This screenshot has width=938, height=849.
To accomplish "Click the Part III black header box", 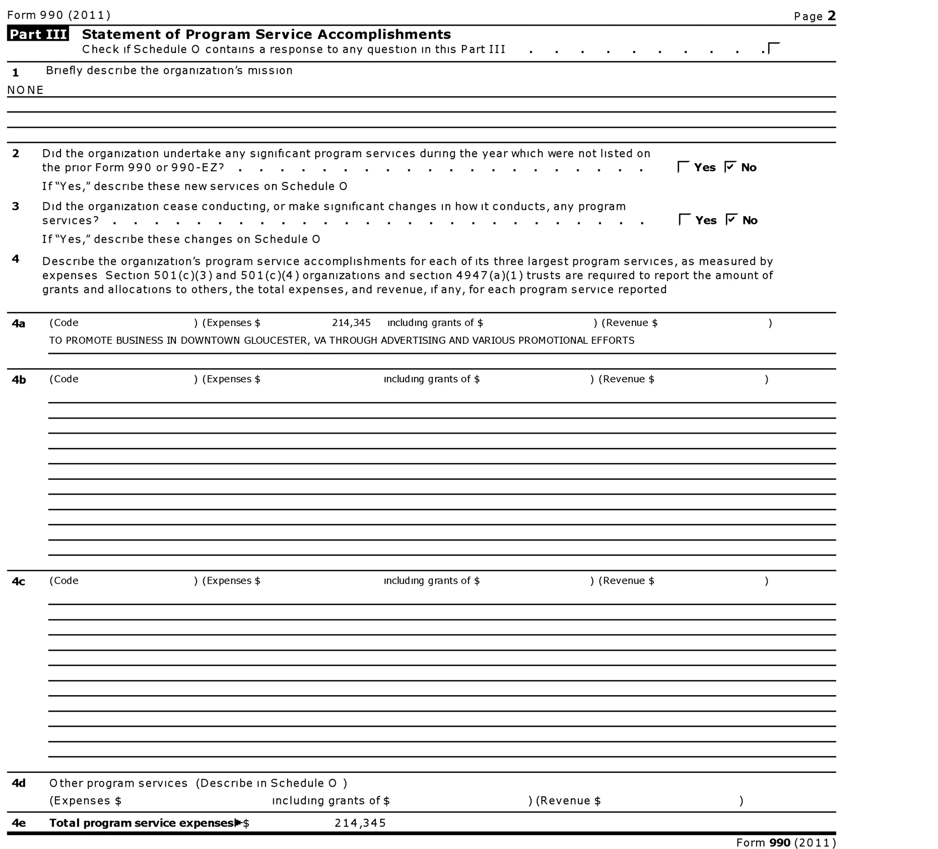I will (38, 34).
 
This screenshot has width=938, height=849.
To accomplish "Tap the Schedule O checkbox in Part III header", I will (773, 49).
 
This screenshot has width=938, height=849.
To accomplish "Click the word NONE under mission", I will (26, 90).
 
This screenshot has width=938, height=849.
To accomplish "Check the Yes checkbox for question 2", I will (683, 167).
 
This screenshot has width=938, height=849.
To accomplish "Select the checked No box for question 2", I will (731, 167).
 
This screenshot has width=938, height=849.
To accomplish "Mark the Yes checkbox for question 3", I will (684, 220).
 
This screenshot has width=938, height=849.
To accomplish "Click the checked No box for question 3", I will (731, 220).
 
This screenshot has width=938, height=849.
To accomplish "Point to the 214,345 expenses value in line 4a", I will (351, 323).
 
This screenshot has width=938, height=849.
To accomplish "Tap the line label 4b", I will (19, 380).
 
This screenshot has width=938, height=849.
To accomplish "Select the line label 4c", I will (19, 582).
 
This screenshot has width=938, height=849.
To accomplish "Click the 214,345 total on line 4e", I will (360, 823).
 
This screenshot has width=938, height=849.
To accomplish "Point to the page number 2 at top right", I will (832, 16).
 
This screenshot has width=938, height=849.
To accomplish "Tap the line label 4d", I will (19, 783).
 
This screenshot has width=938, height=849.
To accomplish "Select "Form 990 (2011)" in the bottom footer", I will (786, 843).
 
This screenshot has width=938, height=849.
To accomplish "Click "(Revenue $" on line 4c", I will (626, 581).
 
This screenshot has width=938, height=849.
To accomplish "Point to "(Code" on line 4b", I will (64, 379).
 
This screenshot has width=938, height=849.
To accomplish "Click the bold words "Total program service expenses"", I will (142, 823).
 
